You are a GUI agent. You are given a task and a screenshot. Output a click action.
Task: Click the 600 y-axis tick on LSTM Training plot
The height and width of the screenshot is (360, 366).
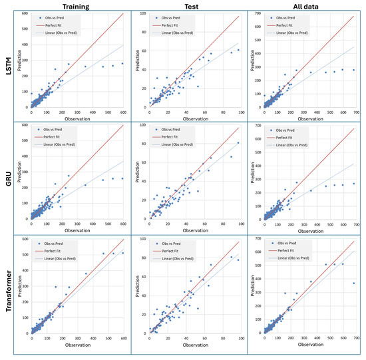[25, 13]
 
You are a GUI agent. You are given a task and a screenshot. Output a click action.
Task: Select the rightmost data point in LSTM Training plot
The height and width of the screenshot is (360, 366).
[122, 63]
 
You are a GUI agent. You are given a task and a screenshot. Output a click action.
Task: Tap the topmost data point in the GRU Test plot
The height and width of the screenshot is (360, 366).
[238, 143]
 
